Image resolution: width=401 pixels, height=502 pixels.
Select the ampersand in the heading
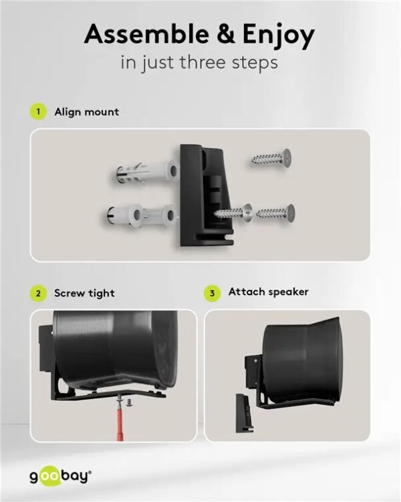[215, 35]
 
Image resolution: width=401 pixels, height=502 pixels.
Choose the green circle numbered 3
[213, 292]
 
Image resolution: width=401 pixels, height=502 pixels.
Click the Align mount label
[86, 112]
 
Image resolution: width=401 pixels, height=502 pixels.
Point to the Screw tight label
[84, 293]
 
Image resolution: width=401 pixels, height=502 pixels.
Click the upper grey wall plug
[143, 174]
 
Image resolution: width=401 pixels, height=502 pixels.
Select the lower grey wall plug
[140, 217]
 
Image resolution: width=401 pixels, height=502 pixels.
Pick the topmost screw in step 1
[271, 159]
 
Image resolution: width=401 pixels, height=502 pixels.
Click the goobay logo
[59, 476]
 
